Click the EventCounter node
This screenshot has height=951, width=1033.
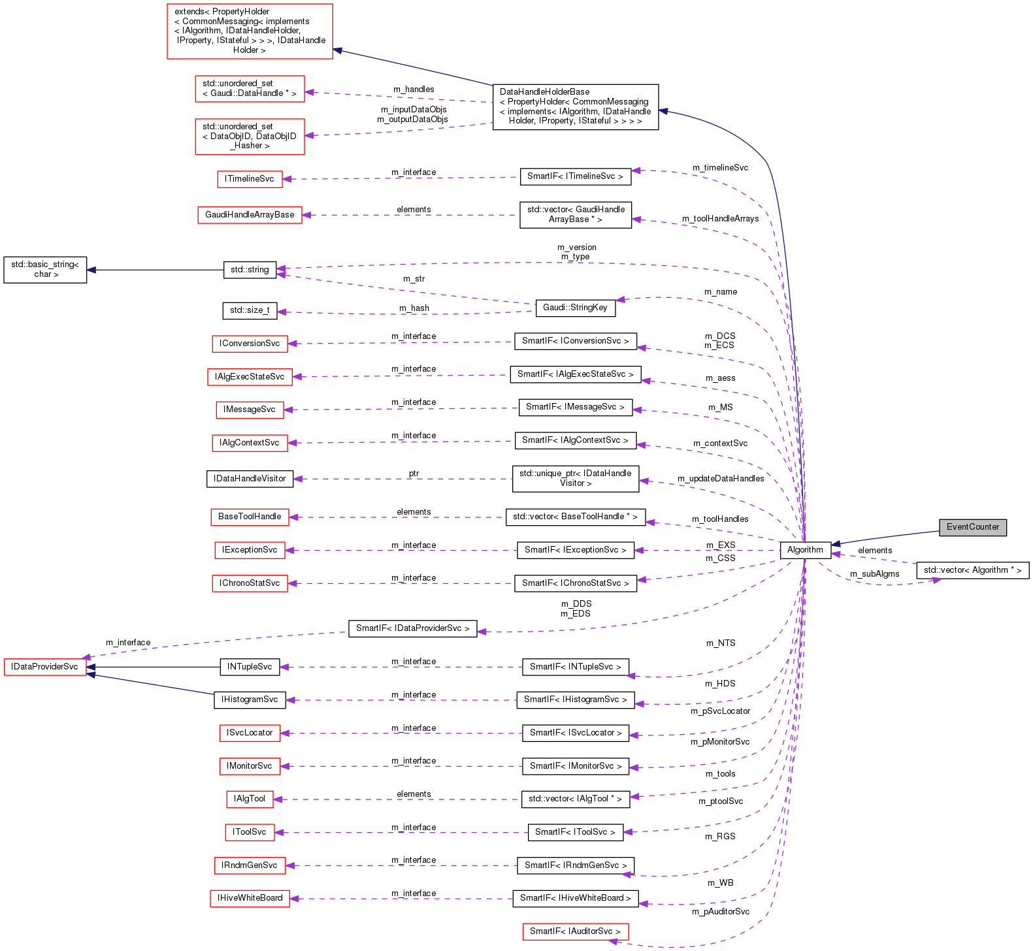point(972,527)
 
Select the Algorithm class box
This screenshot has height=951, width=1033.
point(805,550)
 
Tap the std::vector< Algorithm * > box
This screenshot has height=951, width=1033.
point(972,570)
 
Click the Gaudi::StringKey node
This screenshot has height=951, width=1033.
point(575,308)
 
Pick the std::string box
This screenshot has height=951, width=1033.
point(250,270)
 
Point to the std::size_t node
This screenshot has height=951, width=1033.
point(250,310)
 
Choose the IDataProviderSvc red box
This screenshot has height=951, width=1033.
point(45,667)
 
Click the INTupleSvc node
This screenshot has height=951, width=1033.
point(250,667)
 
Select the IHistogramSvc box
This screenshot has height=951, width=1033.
point(250,700)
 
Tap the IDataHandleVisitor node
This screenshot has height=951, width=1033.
point(250,479)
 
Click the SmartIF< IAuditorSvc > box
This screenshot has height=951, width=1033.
point(575,931)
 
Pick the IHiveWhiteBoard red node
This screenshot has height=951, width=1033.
point(250,898)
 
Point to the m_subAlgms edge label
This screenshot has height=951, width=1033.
point(874,574)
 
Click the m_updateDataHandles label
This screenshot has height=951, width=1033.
point(721,479)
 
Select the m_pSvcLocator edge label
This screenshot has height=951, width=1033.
point(720,711)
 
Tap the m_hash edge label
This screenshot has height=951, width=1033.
point(414,308)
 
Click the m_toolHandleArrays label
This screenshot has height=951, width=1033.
point(720,219)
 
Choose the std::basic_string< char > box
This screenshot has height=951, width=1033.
point(45,270)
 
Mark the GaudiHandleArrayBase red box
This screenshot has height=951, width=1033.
point(250,215)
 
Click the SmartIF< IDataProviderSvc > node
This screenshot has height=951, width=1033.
point(412,628)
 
